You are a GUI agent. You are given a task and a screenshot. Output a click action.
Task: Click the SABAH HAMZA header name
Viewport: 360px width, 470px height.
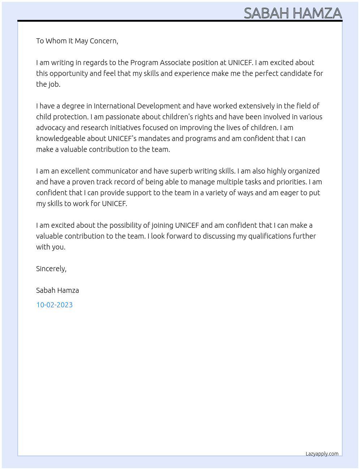293,13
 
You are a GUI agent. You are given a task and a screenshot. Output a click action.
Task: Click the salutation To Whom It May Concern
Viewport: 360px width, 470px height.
77,41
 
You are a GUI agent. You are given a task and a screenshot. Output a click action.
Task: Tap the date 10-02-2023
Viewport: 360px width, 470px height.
54,305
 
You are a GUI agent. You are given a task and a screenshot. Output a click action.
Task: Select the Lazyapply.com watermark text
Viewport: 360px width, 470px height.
322,454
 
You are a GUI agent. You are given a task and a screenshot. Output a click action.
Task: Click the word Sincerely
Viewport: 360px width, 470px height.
51,269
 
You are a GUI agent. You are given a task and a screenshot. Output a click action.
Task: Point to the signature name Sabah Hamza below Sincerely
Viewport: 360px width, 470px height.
57,290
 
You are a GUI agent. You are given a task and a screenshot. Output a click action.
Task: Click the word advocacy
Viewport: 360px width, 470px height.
51,128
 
